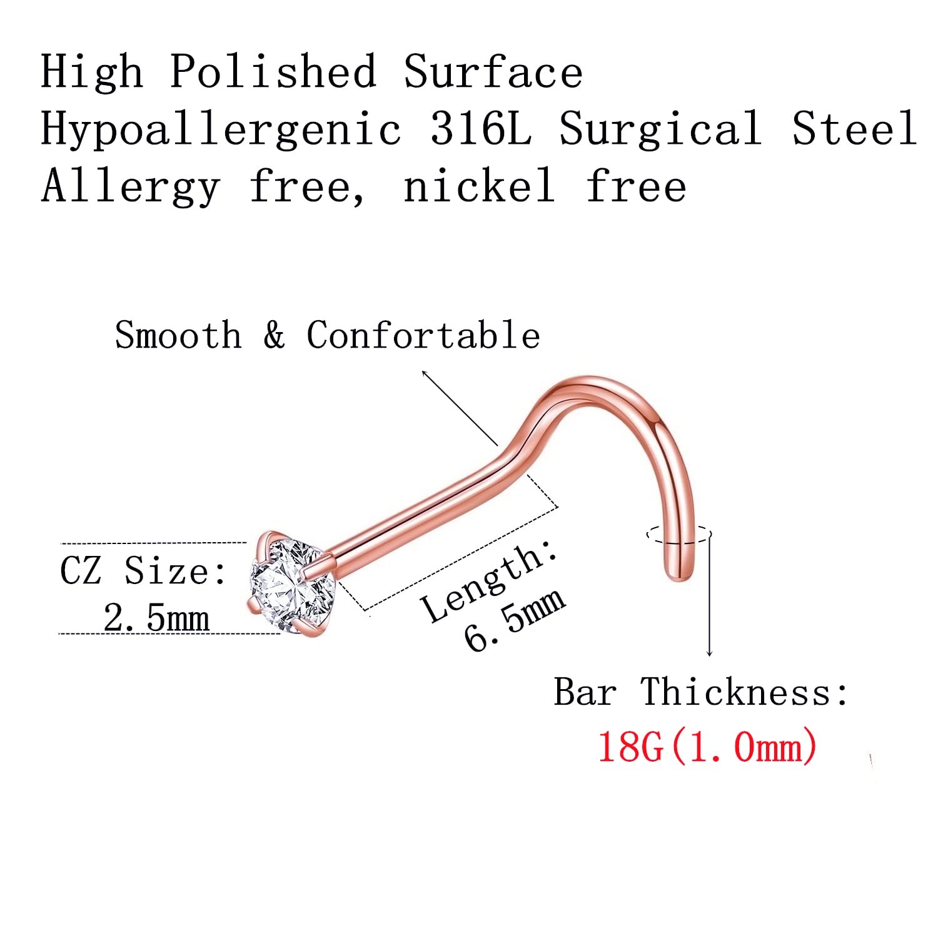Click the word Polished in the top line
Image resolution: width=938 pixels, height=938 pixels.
tap(273, 72)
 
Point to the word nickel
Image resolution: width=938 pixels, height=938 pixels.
tap(480, 186)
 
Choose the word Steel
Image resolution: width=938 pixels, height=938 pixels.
tap(854, 128)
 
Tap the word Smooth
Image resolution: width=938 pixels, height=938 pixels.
tap(178, 335)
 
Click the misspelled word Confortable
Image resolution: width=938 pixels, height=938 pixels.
tap(423, 335)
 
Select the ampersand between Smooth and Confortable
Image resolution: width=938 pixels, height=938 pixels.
tap(274, 335)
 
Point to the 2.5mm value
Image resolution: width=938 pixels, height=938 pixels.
tap(156, 618)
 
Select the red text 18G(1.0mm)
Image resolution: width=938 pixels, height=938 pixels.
tap(707, 747)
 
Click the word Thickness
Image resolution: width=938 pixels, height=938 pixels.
tap(745, 692)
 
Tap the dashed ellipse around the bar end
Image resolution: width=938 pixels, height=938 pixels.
tap(678, 535)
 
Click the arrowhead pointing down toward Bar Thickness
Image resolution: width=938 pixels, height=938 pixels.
tap(709, 653)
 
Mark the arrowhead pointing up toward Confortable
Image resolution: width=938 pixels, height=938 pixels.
tap(425, 373)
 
